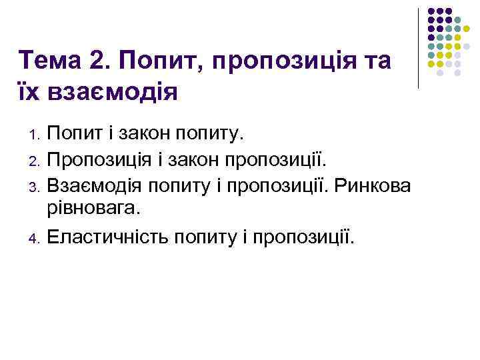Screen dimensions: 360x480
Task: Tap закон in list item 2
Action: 192,161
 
